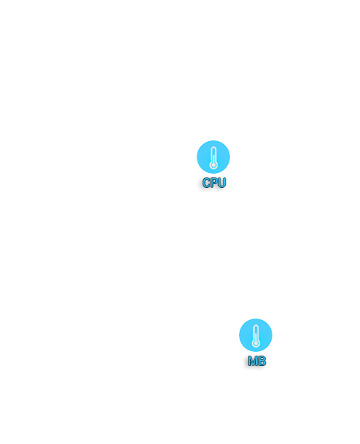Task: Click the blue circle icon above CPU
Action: pyautogui.click(x=213, y=157)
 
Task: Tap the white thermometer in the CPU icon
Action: pyautogui.click(x=214, y=157)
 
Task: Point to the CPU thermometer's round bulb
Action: pyautogui.click(x=214, y=165)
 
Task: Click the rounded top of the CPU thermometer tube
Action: pyautogui.click(x=214, y=147)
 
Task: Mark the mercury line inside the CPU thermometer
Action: pyautogui.click(x=214, y=160)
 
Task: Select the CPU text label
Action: pyautogui.click(x=214, y=183)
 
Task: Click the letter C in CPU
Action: pyautogui.click(x=206, y=183)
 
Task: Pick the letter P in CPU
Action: pyautogui.click(x=214, y=183)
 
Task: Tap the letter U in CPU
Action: pyautogui.click(x=222, y=183)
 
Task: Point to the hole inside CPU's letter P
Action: pyautogui.click(x=215, y=181)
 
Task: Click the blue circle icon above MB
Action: pyautogui.click(x=255, y=335)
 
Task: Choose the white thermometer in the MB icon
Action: pyautogui.click(x=256, y=336)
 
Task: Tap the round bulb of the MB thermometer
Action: pyautogui.click(x=256, y=343)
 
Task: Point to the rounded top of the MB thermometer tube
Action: pyautogui.click(x=256, y=325)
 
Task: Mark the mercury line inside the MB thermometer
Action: pyautogui.click(x=256, y=338)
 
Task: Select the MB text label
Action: pyautogui.click(x=257, y=361)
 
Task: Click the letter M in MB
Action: pyautogui.click(x=252, y=361)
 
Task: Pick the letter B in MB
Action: pyautogui.click(x=262, y=361)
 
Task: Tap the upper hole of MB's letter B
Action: pyautogui.click(x=262, y=359)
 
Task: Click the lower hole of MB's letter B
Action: pyautogui.click(x=262, y=363)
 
